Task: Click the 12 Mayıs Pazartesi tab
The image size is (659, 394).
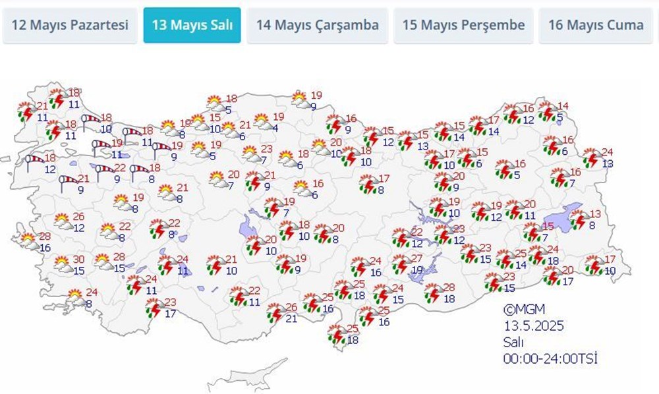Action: pyautogui.click(x=70, y=26)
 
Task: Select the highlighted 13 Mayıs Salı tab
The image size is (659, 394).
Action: pyautogui.click(x=192, y=26)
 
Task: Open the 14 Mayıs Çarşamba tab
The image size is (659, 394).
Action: pyautogui.click(x=318, y=26)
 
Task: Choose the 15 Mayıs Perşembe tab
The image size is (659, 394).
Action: pyautogui.click(x=463, y=26)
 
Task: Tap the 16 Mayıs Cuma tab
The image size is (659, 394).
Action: pyautogui.click(x=596, y=26)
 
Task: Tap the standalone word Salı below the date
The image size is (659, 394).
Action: pyautogui.click(x=513, y=342)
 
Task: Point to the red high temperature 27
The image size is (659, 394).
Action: pyautogui.click(x=416, y=258)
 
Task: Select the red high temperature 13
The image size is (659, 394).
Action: pyautogui.click(x=596, y=213)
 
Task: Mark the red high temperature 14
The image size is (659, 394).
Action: pyautogui.click(x=563, y=107)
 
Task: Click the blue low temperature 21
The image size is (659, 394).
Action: pyautogui.click(x=291, y=319)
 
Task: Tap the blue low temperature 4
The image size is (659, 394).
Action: pyautogui.click(x=274, y=128)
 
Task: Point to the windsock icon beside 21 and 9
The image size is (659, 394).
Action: pyautogui.click(x=67, y=183)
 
